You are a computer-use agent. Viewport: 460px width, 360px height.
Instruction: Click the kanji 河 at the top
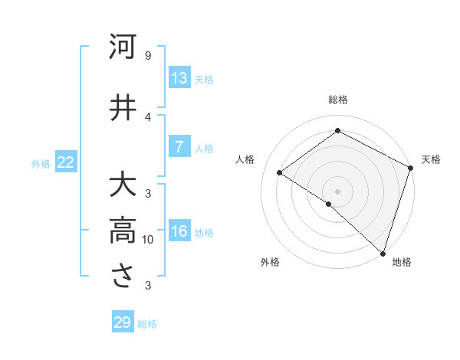coord(123,47)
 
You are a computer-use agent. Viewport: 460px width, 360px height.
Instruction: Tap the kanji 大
coord(123,186)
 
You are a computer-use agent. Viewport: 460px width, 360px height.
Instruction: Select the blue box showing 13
coord(179,78)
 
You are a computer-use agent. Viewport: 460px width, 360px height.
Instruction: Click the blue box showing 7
coord(179,147)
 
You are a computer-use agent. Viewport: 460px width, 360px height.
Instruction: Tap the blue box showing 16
coord(179,232)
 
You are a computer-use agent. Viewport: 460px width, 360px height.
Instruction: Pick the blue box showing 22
coord(66,162)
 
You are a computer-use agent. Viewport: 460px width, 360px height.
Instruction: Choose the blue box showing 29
coord(123,322)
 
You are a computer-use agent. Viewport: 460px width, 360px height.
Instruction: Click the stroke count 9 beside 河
coord(147,56)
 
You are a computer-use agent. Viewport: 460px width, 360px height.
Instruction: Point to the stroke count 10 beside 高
coord(147,240)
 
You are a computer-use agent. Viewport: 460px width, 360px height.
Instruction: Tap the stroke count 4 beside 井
coord(147,116)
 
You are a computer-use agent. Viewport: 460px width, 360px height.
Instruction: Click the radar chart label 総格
coord(337,100)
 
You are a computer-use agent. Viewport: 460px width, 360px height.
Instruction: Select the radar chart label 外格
coord(270,263)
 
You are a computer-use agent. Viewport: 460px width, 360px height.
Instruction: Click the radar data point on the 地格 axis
coord(383,253)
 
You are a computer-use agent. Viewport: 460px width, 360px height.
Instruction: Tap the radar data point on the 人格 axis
coord(280,172)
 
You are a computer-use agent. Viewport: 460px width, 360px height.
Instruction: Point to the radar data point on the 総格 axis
coord(337,131)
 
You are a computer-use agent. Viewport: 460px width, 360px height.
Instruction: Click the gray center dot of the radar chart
coord(337,191)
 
